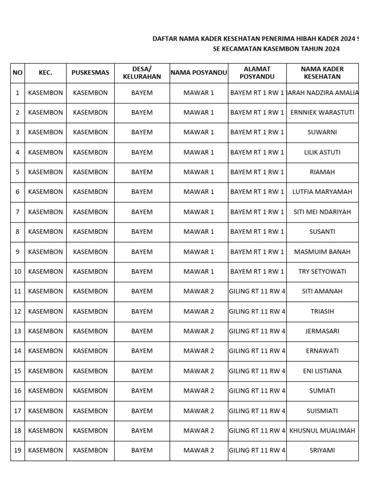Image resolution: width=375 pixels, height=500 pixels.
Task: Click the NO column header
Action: point(18,73)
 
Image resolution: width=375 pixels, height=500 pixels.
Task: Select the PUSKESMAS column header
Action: point(90,73)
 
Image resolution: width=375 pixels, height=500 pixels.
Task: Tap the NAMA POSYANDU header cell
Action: point(199,73)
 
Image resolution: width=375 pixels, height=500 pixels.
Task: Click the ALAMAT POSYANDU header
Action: point(257,73)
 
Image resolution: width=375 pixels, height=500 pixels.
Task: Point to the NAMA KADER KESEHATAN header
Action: point(322,73)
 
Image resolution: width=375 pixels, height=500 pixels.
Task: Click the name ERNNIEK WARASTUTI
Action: point(322,112)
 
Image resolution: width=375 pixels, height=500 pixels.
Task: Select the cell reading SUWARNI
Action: point(322,132)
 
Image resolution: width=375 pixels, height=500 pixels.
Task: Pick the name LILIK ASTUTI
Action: point(322,152)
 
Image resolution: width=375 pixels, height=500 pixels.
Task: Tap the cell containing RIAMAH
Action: point(322,172)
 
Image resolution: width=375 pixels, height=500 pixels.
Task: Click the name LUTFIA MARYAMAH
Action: point(322,192)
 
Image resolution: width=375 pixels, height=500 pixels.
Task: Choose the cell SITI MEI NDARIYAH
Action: point(322,212)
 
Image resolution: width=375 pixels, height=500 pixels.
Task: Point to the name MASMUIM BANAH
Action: point(322,252)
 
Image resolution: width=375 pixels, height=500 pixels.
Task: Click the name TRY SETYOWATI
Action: point(322,271)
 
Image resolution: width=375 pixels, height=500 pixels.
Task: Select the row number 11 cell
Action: point(18,292)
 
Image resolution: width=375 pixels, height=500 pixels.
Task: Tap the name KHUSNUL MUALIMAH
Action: point(322,431)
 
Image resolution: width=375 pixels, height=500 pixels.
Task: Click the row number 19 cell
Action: point(18,451)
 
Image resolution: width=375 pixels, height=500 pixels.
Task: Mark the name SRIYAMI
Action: point(322,451)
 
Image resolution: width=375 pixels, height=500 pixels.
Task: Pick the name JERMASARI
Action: point(322,331)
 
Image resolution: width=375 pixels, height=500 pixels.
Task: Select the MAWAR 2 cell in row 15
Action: point(199,371)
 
